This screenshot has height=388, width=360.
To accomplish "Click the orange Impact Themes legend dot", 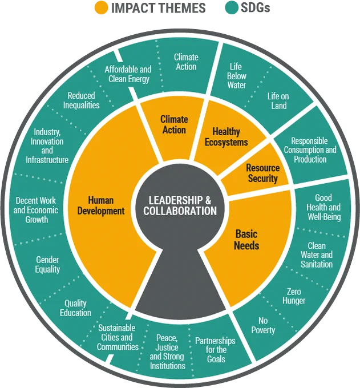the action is tap(102, 7).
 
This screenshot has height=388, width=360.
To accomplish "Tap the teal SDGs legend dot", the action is tap(232, 7).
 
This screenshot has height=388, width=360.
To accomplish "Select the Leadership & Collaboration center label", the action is tap(180, 205).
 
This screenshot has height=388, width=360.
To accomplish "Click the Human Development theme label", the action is tap(101, 205).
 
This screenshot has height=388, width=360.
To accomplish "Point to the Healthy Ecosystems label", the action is tap(226, 137).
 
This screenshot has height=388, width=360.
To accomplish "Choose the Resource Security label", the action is tap(263, 173).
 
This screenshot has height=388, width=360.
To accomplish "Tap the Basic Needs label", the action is tap(246, 240).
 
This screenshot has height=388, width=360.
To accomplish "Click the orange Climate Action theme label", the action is tap(174, 125).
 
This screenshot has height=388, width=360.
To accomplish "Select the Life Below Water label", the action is tap(237, 76).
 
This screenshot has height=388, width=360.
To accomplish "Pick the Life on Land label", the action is tap(278, 101).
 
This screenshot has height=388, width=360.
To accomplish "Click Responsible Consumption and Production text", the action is tap(310, 150).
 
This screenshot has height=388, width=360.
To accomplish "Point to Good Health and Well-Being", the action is tap(323, 207).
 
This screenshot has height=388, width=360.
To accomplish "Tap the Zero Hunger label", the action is tap(294, 296).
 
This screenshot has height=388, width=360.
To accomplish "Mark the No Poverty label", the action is tap(263, 325).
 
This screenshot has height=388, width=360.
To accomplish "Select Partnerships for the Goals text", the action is tap(215, 350).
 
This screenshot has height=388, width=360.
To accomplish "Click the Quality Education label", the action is tap(75, 308).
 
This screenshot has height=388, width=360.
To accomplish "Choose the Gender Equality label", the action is tap(47, 265).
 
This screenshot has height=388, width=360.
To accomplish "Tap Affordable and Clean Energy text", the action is tap(128, 74).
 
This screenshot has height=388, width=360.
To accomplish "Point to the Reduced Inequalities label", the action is tap(81, 100).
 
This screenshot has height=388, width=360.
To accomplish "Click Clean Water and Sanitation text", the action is tap(317, 255).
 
